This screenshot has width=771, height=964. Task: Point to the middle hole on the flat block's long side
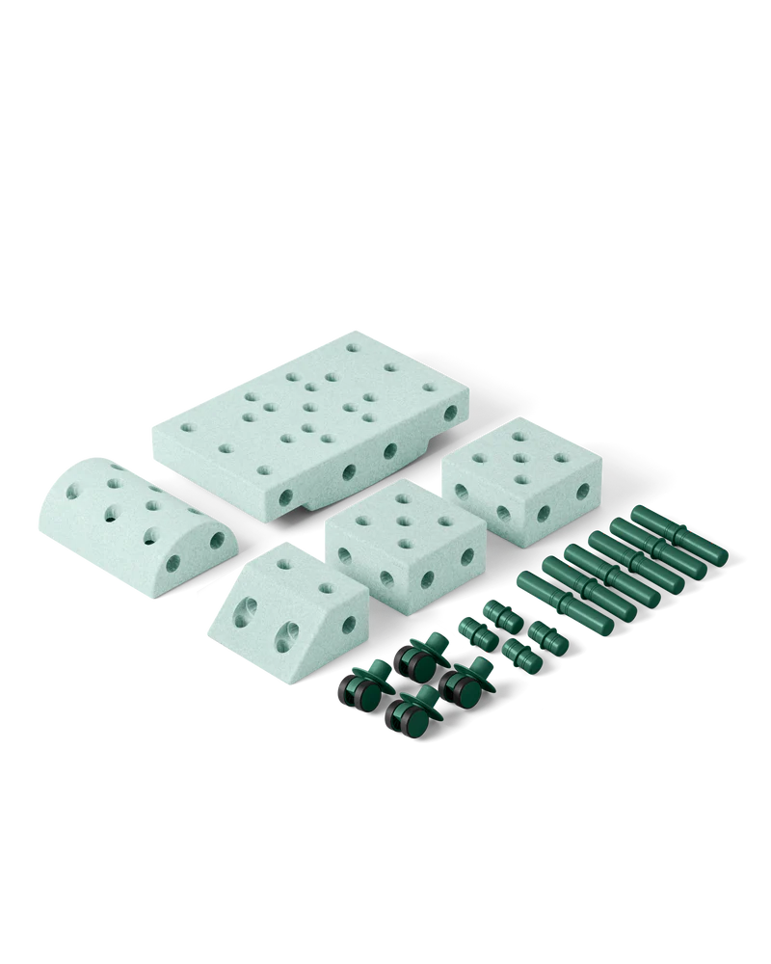(348, 472)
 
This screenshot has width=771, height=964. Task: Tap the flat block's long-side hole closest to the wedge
(285, 498)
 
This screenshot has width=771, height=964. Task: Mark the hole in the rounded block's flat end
(218, 541)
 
